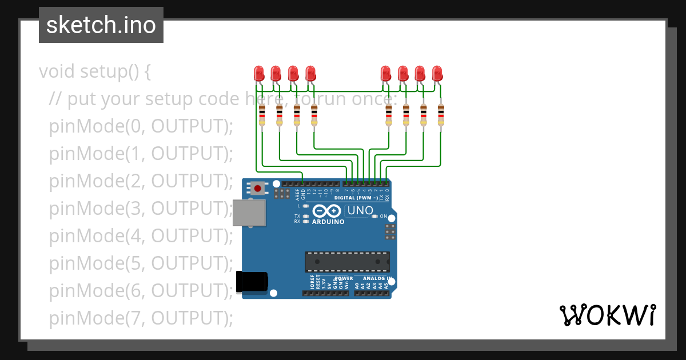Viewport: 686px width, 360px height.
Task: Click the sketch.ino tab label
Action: coord(101,25)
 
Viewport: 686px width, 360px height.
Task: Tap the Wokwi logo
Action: coord(607,315)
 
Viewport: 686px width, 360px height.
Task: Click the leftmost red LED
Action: coord(258,74)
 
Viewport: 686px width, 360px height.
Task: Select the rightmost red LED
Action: coord(437,74)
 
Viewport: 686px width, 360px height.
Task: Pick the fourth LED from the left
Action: coord(310,74)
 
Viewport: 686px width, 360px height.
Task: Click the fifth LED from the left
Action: coord(385,74)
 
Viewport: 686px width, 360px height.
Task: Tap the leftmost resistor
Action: coord(262,115)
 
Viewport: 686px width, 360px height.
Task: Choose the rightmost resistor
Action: coord(441,115)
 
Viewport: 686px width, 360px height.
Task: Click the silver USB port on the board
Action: coord(249,213)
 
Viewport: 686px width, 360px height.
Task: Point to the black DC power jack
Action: coord(252,281)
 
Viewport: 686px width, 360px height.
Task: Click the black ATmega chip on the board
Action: coord(347,261)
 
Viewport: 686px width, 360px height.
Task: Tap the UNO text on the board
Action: coord(360,211)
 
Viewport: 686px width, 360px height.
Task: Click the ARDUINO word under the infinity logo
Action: coord(328,222)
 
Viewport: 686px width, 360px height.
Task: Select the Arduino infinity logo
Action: coord(328,211)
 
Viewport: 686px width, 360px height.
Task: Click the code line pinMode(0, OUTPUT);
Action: coord(141,126)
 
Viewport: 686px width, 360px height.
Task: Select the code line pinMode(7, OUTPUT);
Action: coord(141,318)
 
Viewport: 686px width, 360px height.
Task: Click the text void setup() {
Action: coord(95,72)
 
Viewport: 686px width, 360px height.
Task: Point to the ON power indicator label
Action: coord(384,217)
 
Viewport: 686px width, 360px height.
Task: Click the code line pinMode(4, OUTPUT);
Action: coord(141,235)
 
